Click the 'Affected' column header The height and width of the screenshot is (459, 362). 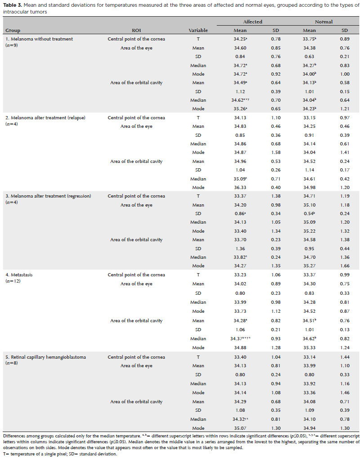point(252,22)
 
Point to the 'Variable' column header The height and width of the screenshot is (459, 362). point(198,30)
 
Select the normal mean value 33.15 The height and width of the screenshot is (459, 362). point(309,118)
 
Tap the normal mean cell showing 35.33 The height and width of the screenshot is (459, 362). point(309,347)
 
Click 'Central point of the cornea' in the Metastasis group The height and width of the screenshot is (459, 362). point(136,275)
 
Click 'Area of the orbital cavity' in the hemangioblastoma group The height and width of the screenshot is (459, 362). point(136,402)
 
